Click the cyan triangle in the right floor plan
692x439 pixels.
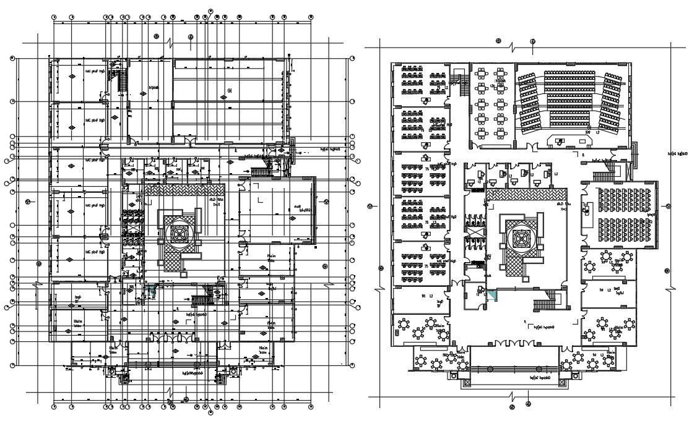(491, 296)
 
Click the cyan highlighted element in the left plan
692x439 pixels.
(150, 288)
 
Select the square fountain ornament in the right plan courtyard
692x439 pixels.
(518, 237)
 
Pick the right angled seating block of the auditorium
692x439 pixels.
(611, 103)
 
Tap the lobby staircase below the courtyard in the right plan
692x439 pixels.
(546, 304)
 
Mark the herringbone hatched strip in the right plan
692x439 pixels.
(526, 194)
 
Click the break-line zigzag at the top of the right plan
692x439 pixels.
(511, 48)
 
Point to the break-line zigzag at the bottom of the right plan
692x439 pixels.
(511, 395)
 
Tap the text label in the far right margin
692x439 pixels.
(679, 153)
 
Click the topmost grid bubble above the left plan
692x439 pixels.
(211, 11)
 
